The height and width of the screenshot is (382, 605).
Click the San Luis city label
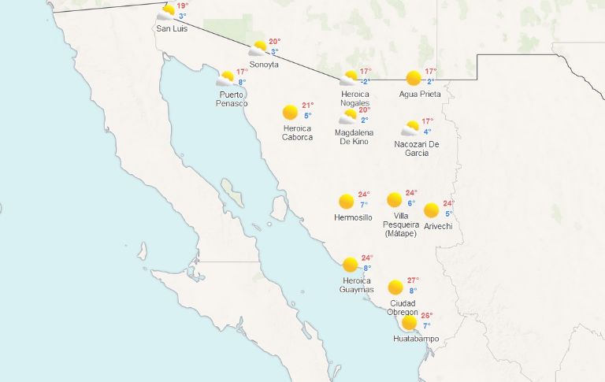click(172, 29)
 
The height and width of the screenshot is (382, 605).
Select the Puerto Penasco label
click(232, 98)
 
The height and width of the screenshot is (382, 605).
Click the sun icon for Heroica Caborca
click(290, 112)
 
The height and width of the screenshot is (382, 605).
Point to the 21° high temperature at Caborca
click(307, 105)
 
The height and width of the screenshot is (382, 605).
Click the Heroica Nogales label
click(354, 98)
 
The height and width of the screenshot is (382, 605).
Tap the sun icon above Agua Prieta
click(414, 78)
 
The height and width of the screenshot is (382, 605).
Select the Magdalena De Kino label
click(354, 137)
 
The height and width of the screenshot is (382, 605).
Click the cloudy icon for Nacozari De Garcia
click(410, 128)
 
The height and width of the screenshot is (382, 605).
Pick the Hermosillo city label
click(353, 217)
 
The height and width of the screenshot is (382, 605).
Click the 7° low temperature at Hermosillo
click(364, 205)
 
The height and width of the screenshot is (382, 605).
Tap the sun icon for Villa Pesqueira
click(395, 200)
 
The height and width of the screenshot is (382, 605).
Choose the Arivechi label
click(437, 226)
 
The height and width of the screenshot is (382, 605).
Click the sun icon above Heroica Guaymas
click(350, 265)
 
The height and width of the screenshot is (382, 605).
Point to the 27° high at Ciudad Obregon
click(414, 280)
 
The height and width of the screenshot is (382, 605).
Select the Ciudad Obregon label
click(403, 308)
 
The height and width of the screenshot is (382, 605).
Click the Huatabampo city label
click(416, 339)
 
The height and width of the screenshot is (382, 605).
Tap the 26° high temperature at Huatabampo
click(427, 316)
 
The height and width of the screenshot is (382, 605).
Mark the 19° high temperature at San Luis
click(182, 6)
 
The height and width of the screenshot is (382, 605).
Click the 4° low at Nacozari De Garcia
click(427, 132)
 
